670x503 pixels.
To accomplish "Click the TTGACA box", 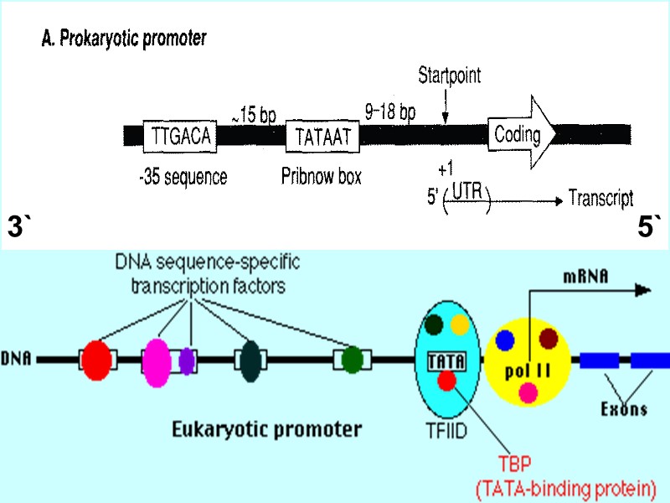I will pos(180,136).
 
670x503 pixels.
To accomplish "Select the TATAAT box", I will pos(322,136).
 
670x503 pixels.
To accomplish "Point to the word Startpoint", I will pos(450,76).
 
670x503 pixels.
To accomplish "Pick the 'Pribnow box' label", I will pos(322,178).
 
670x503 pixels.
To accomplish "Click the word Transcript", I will pos(600,199).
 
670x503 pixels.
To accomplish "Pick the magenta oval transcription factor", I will pos(157,360).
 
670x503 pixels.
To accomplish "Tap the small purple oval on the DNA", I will pos(187,360).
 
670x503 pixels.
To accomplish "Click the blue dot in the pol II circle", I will pos(504,340).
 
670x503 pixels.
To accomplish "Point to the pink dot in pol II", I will pos(528,391).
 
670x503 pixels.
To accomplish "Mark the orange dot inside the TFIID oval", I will pos(461,324).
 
